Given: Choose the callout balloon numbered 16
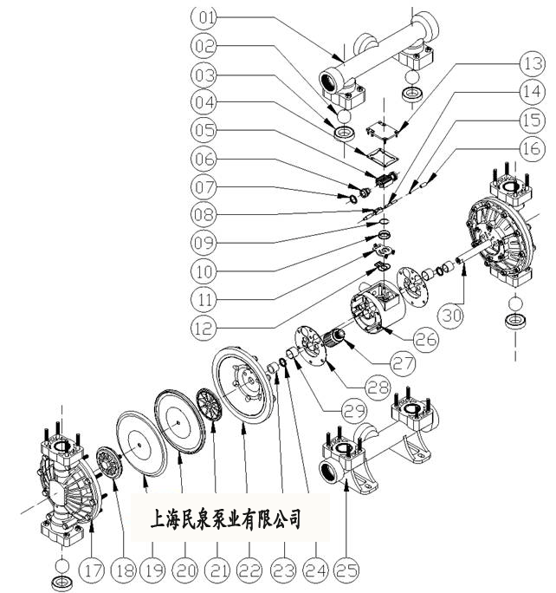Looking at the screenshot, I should point(527,149).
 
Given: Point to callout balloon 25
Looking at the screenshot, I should point(346,570).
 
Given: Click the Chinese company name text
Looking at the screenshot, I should point(226,519).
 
